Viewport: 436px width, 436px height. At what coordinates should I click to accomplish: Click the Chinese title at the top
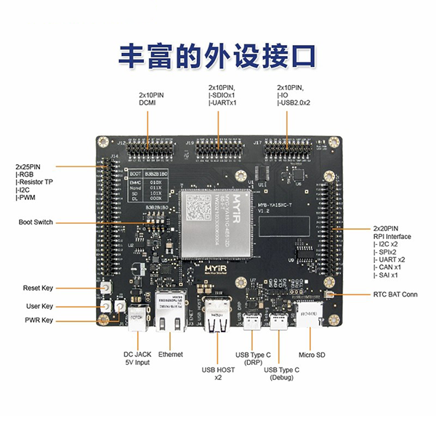(x=217, y=56)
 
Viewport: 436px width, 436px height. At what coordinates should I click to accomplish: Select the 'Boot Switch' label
(x=36, y=222)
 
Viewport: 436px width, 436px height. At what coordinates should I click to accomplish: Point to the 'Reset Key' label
(x=38, y=288)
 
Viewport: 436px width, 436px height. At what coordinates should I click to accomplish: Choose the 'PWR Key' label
(x=38, y=320)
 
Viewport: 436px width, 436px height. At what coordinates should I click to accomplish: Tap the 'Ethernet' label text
(x=171, y=355)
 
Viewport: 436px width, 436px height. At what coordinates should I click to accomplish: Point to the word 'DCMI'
(x=148, y=103)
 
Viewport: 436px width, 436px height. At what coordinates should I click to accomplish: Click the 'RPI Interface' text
(x=392, y=236)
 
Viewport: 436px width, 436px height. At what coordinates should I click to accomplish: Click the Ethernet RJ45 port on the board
(x=171, y=309)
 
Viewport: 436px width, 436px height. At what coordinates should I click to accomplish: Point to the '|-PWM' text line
(x=28, y=197)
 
